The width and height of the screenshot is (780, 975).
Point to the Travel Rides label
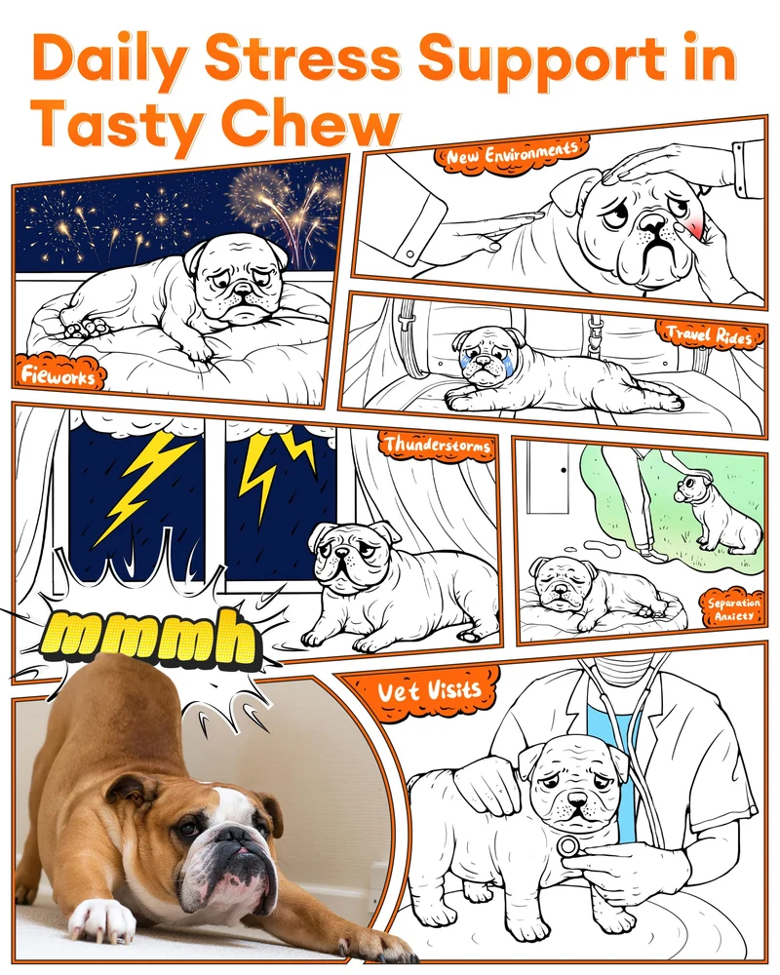709,336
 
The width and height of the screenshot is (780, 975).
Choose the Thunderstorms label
437,445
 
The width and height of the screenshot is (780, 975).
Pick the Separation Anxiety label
733,609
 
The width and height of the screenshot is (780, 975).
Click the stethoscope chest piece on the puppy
568,845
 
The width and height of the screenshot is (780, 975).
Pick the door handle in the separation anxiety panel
563,470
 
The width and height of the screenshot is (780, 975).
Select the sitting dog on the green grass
716,513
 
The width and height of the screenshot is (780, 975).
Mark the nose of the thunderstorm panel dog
341,553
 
